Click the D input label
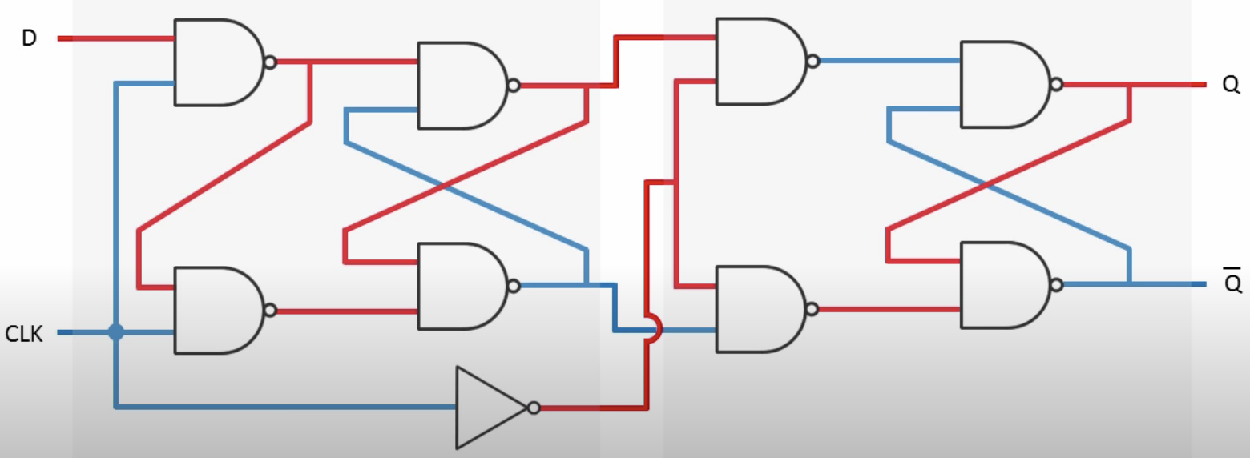29,38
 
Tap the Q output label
1231,85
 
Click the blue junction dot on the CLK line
116,332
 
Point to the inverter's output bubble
534,408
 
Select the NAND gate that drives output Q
1002,84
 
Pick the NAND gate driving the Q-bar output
1002,285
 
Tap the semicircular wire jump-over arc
655,327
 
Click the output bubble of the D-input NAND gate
270,62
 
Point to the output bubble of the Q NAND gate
1056,84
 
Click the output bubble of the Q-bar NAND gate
1056,285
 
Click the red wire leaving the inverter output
593,408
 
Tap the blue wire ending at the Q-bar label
1170,284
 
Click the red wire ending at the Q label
1170,84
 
